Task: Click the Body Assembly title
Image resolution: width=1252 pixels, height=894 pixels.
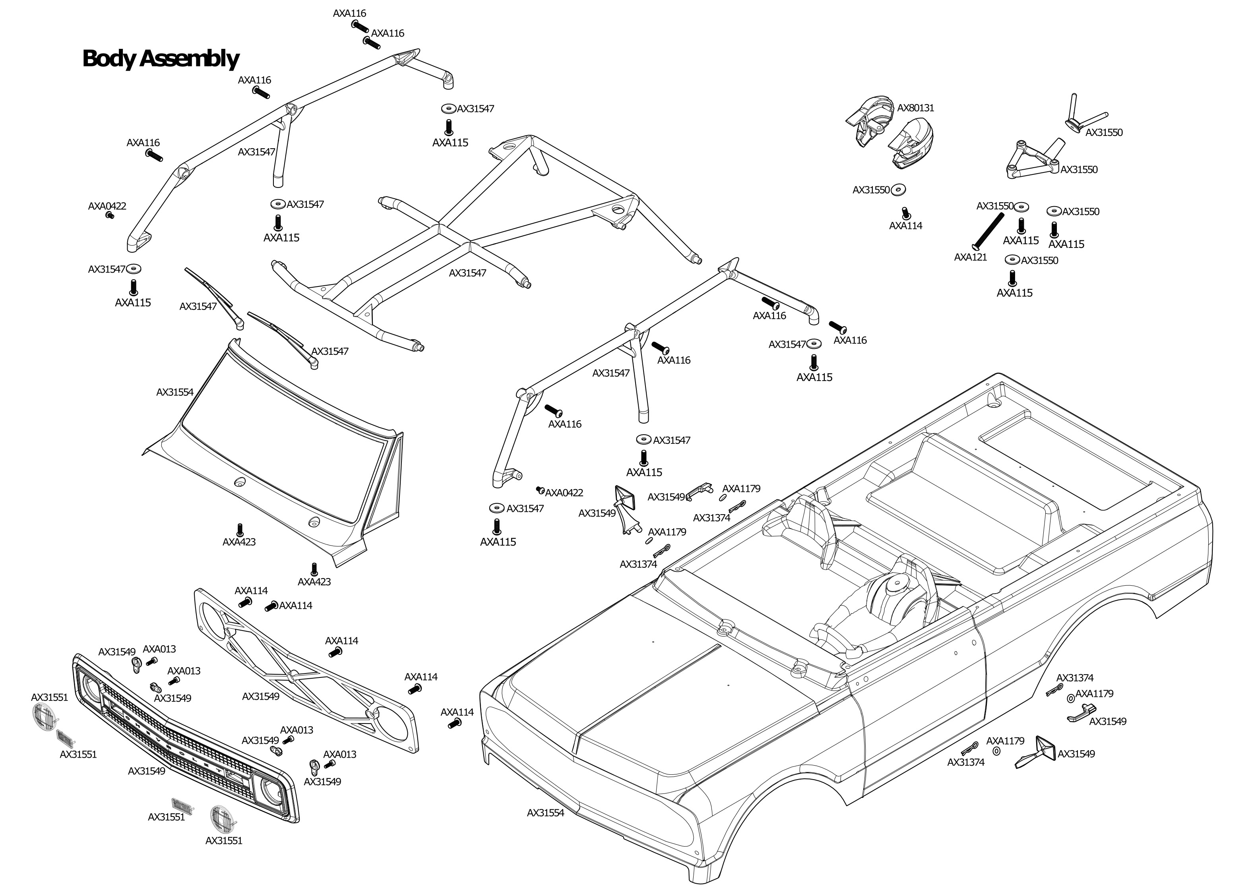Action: (160, 58)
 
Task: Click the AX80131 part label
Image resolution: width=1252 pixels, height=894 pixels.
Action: (916, 108)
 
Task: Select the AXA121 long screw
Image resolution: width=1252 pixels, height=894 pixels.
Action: (988, 231)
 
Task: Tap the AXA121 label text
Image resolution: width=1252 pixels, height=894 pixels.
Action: (971, 257)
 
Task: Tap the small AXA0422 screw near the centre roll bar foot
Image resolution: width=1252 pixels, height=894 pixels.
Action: (540, 490)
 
